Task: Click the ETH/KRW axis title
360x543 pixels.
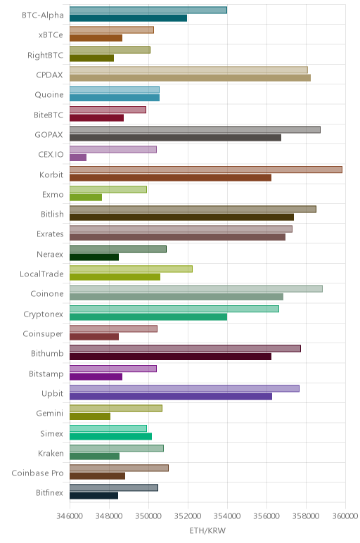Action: [207, 530]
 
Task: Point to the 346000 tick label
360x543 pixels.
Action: [70, 516]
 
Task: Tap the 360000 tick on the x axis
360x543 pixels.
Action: [345, 516]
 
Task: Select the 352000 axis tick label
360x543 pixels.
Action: [188, 516]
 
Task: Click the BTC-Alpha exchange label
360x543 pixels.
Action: [43, 15]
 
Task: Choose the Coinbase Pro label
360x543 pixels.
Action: [37, 473]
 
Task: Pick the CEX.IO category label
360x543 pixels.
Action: [51, 154]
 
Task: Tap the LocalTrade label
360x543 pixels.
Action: [42, 274]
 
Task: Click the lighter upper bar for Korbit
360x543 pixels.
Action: [206, 170]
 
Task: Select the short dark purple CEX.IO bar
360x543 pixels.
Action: [78, 158]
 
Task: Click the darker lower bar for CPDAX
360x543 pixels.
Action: [190, 77]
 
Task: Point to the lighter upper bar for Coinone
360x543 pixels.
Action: [196, 289]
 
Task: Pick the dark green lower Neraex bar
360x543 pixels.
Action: [94, 257]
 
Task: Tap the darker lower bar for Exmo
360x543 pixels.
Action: [86, 198]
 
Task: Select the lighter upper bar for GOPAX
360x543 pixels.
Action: [195, 129]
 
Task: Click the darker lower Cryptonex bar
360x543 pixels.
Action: [148, 317]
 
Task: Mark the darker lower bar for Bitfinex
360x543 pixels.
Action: [94, 496]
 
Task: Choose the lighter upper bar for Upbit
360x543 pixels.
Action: [184, 388]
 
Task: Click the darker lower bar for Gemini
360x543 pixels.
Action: [90, 416]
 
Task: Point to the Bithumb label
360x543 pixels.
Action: [47, 354]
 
